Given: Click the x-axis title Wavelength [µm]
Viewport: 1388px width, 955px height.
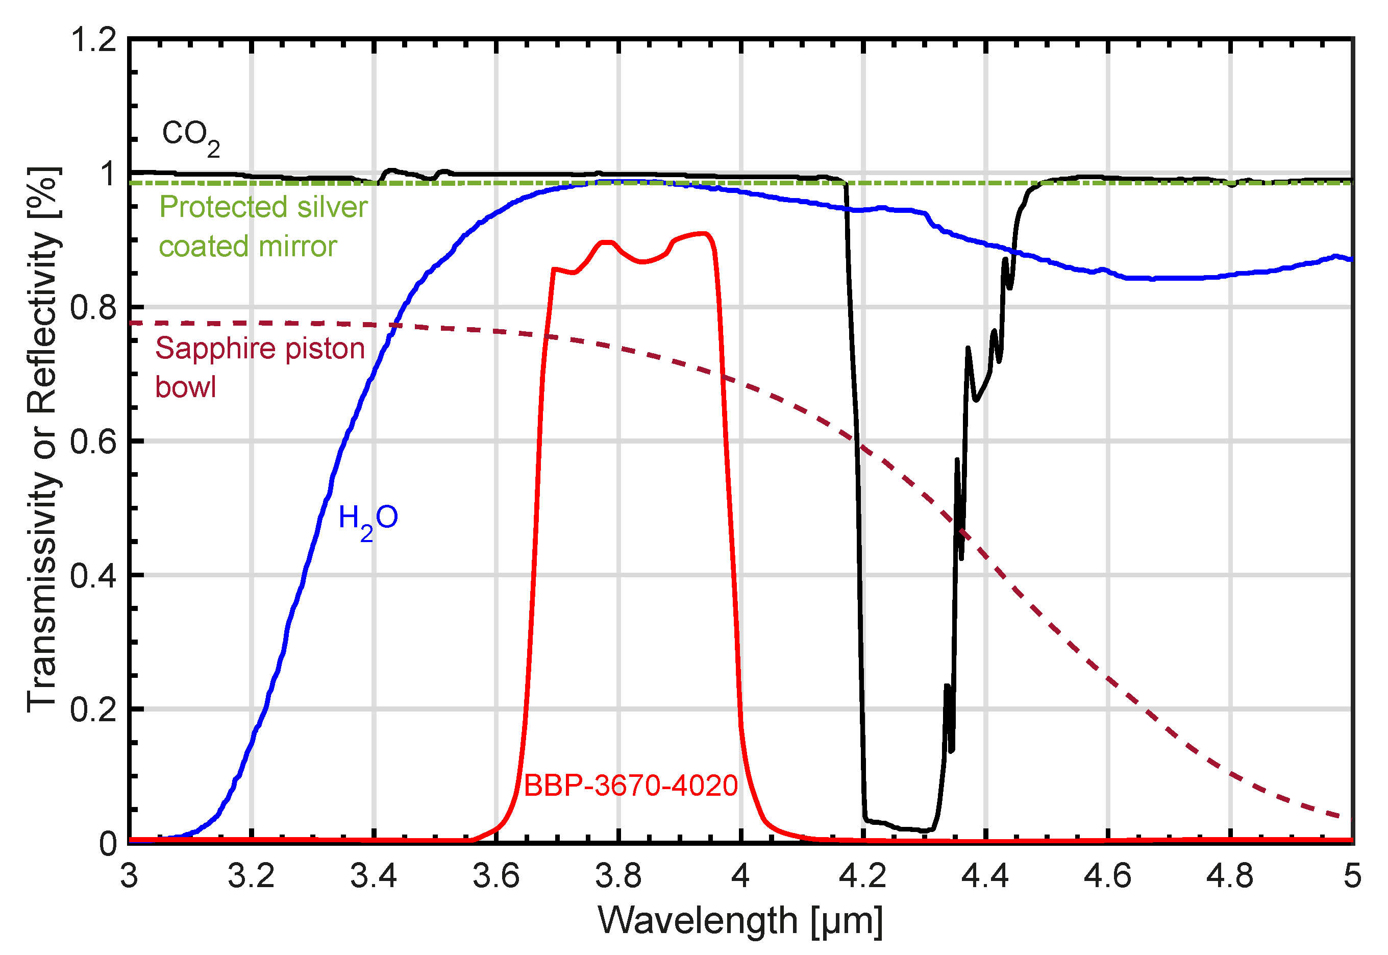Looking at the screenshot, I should pyautogui.click(x=740, y=920).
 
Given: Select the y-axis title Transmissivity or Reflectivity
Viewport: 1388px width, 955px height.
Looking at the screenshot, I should pyautogui.click(x=43, y=440).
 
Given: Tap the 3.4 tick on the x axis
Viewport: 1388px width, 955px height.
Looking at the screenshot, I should pyautogui.click(x=374, y=876).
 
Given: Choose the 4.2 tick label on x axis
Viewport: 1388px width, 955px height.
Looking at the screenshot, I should pyautogui.click(x=863, y=876).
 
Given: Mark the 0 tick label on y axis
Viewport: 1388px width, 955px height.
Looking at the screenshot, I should pyautogui.click(x=108, y=844).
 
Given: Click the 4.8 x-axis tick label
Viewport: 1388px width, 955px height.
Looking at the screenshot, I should pyautogui.click(x=1230, y=876).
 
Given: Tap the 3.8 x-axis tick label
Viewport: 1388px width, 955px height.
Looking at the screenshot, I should pyautogui.click(x=618, y=876).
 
